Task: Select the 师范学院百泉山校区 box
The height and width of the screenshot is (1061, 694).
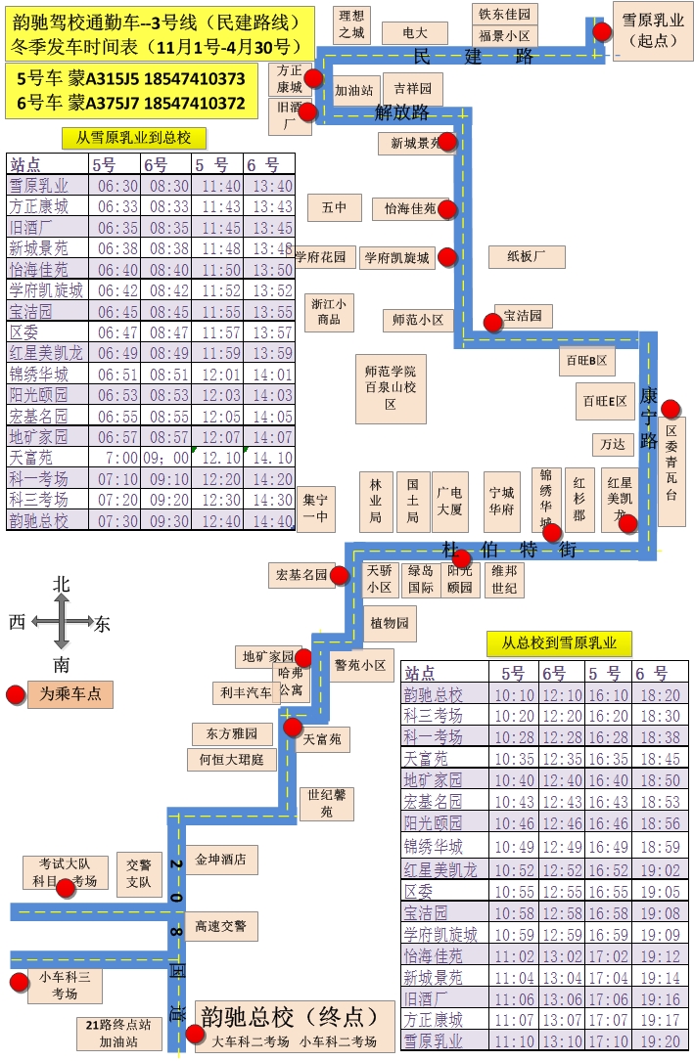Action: coord(390,387)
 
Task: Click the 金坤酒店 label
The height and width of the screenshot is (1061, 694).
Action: coord(220,861)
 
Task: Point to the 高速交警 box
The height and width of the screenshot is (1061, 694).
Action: coord(220,926)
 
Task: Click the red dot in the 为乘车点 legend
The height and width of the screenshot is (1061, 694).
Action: coord(16,695)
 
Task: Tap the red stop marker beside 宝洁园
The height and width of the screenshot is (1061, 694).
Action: coord(493,322)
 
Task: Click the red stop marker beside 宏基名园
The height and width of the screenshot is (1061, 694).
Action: coord(340,575)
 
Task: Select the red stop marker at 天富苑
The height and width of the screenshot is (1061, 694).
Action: coord(292,727)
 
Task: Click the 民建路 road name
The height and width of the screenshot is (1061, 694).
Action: coord(474,56)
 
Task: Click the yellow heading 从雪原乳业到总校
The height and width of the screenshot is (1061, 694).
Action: coord(133,138)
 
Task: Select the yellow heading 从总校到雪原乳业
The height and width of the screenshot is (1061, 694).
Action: coord(559,643)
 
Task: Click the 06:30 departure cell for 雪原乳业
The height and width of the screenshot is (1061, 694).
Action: coord(116,186)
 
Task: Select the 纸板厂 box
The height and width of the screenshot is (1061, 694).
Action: coord(528,257)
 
